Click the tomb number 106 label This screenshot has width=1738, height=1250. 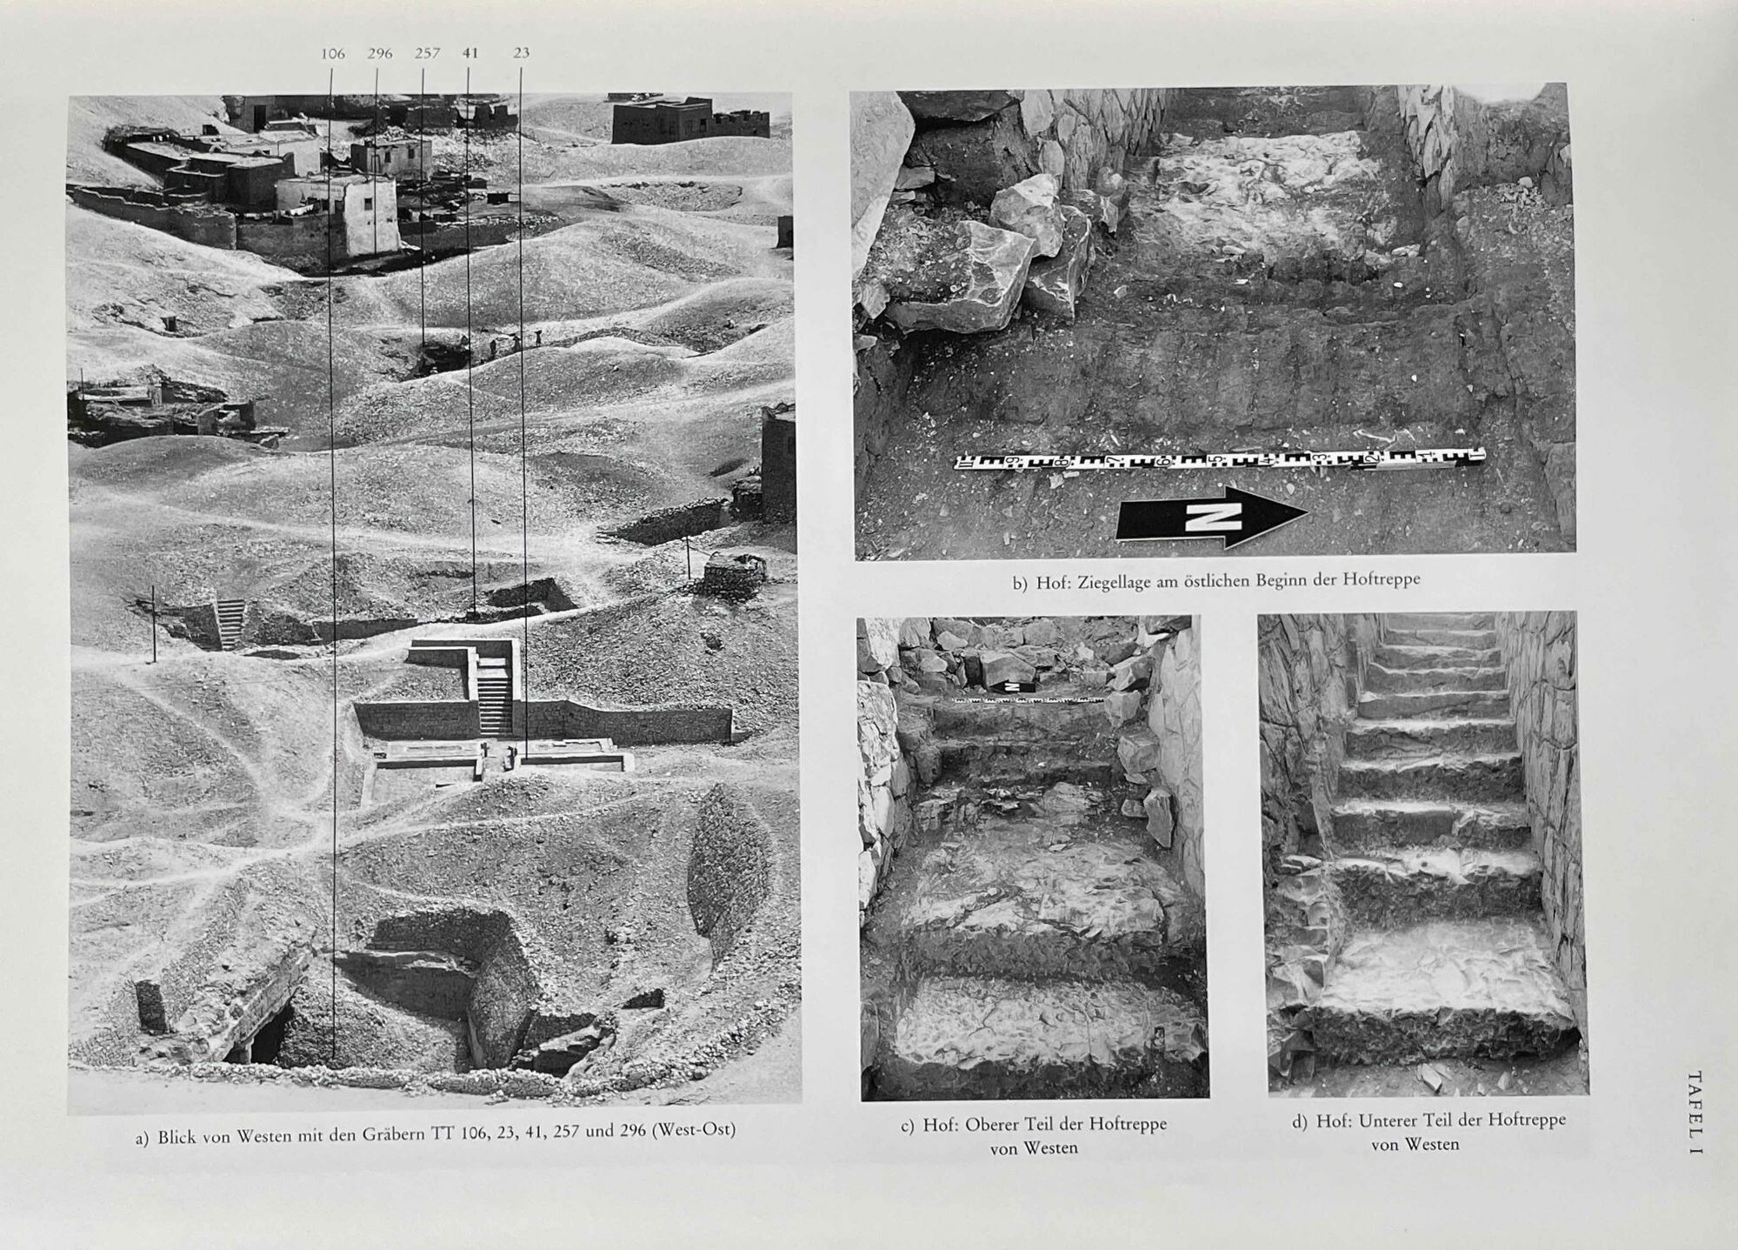point(333,54)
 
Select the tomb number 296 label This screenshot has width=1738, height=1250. point(380,54)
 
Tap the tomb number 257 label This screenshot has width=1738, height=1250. point(427,53)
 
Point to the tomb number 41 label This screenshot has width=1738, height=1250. point(470,53)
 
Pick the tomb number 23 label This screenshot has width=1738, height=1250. point(521,53)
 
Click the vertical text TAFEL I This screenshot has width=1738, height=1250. point(1695,1113)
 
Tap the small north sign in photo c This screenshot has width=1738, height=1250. point(1012,687)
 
